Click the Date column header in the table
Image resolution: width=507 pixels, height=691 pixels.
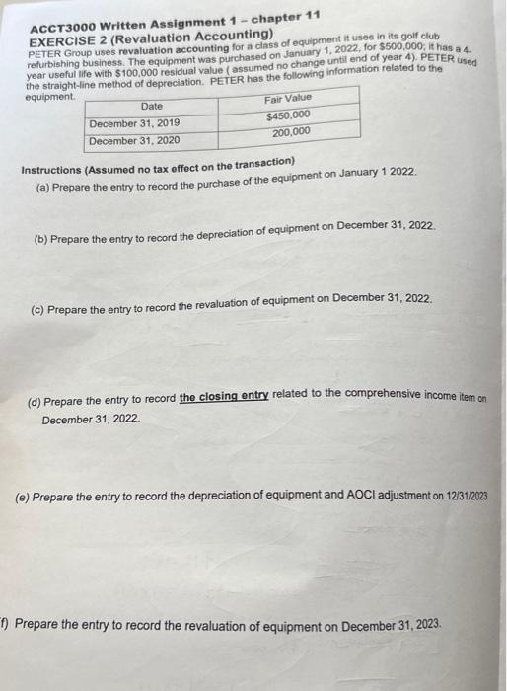click(x=152, y=107)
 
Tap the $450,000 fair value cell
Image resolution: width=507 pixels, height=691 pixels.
click(x=290, y=115)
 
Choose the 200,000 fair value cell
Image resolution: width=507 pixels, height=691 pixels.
click(x=292, y=132)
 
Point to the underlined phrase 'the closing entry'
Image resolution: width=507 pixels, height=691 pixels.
click(x=224, y=397)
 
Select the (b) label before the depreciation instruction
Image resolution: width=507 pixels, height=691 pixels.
click(x=41, y=240)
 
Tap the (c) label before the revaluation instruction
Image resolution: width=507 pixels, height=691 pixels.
click(x=39, y=309)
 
